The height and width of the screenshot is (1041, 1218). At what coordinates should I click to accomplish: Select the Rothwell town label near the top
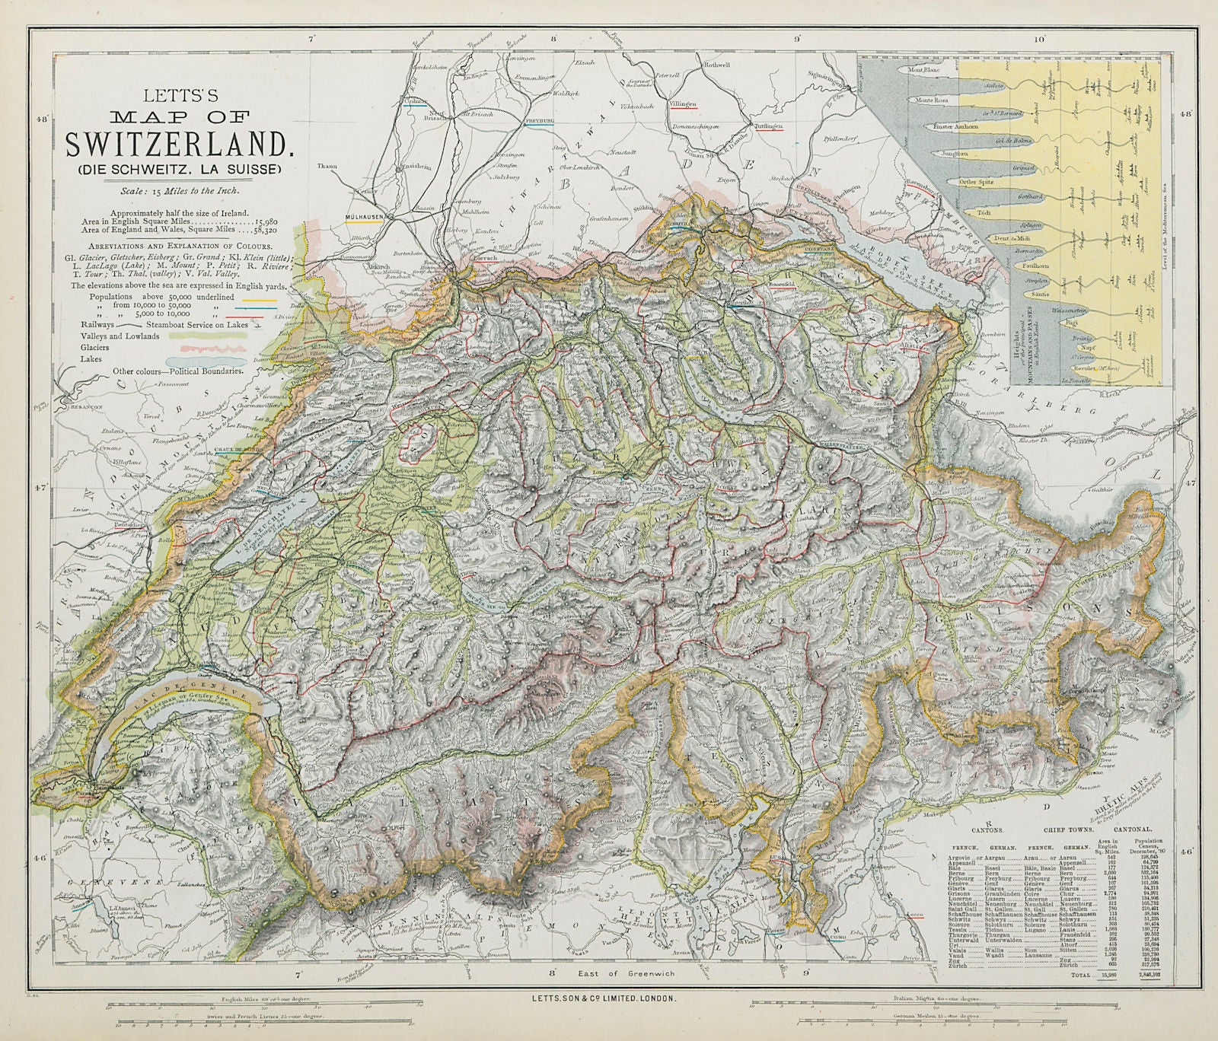[x=716, y=65]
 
